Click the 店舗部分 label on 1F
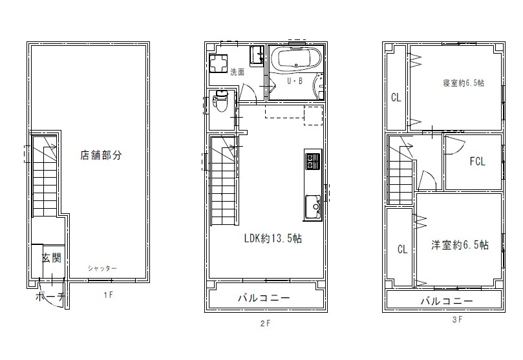(101, 155)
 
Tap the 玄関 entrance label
(51, 258)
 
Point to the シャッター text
(102, 268)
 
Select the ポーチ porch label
(49, 296)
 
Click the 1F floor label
(109, 295)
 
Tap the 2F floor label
(266, 323)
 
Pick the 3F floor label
(457, 319)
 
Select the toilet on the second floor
(220, 101)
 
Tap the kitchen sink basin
(313, 207)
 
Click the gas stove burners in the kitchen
(313, 161)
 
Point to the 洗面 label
(237, 72)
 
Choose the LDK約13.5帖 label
(273, 238)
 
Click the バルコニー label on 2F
(264, 298)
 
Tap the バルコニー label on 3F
(447, 301)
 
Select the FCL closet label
(477, 162)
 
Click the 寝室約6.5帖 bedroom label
(464, 83)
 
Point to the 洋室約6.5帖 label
(460, 245)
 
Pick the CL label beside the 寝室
(396, 98)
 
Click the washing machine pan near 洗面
(219, 63)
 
